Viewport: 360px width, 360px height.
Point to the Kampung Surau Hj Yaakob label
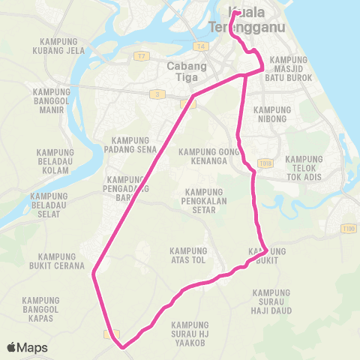click(x=190, y=328)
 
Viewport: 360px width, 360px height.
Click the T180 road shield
click(x=347, y=228)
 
